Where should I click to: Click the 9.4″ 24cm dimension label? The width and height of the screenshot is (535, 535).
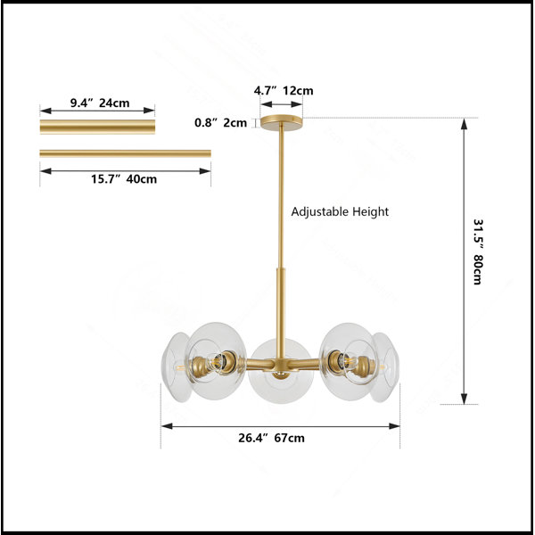[100, 103]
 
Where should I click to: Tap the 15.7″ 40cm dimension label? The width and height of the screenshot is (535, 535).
[124, 179]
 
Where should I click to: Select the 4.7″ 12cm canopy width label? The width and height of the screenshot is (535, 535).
[284, 90]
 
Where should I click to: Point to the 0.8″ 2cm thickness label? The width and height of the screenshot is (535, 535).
[220, 122]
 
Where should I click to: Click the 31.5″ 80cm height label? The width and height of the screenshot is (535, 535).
[478, 251]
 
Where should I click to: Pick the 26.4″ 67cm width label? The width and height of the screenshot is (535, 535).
[271, 438]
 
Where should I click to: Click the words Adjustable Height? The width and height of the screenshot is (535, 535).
[340, 211]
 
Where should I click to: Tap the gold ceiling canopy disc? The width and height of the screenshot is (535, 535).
[282, 121]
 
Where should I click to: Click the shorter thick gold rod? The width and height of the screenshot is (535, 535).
[97, 127]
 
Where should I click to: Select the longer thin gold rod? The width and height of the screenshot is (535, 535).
[125, 153]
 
